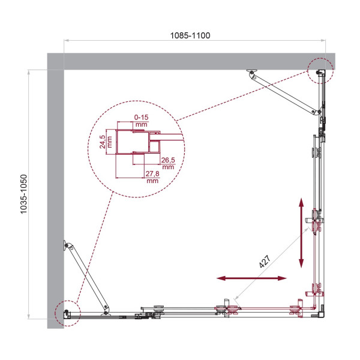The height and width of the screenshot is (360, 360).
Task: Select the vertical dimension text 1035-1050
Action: point(23,195)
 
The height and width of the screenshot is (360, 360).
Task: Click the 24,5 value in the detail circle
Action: point(103,141)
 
